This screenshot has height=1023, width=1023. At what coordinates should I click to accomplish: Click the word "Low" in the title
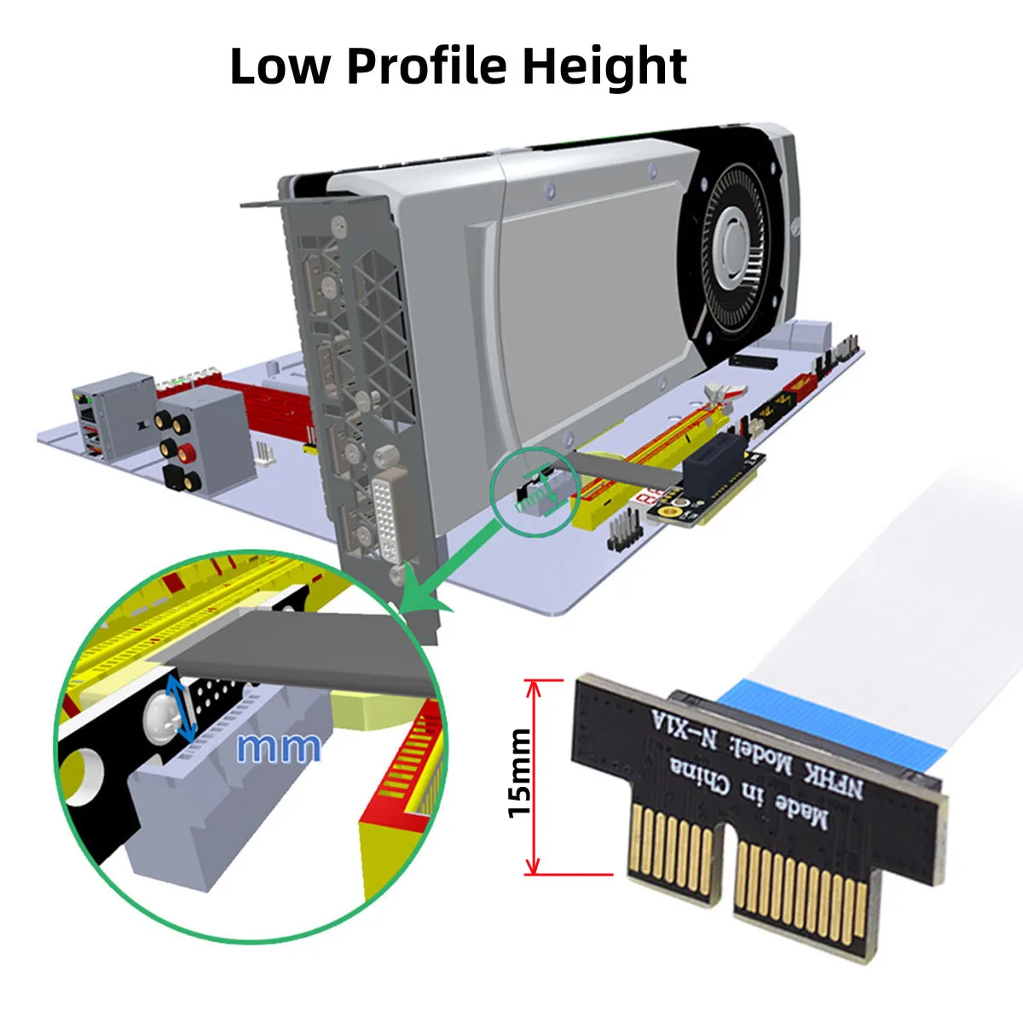coord(279,66)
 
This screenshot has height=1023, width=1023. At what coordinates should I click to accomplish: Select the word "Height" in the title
coord(604,66)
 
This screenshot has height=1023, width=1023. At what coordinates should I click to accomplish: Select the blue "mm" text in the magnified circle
coord(279,747)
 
